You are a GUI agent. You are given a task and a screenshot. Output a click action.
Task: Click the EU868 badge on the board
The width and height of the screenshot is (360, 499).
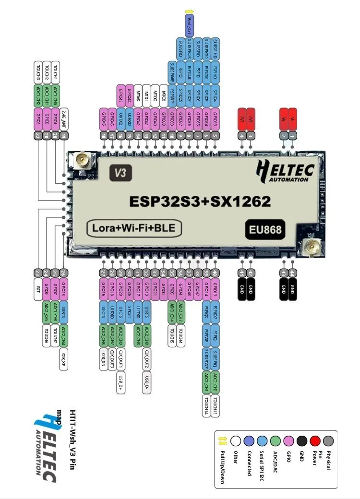pos(264,229)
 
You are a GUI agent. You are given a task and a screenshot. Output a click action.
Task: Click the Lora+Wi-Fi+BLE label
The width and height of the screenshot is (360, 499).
pos(134,228)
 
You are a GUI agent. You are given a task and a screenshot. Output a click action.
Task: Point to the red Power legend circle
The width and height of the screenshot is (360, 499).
pos(314,440)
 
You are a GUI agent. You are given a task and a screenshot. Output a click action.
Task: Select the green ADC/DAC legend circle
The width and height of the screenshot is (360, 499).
pos(275,440)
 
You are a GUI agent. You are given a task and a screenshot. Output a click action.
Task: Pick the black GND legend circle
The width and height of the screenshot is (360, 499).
pos(301,440)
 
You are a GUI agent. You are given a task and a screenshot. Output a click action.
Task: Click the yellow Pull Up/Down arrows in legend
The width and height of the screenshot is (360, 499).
pos(222,440)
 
